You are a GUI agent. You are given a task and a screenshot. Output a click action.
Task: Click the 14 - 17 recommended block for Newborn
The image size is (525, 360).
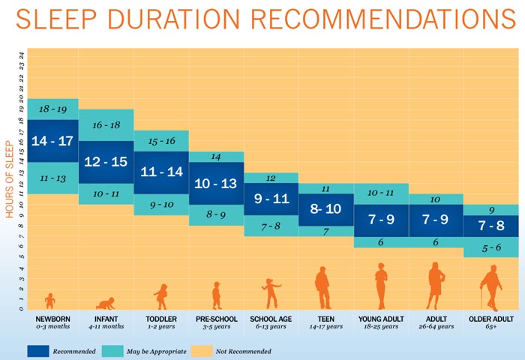[x=53, y=140]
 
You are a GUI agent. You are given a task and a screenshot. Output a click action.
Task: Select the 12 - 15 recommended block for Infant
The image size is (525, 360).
[x=106, y=161]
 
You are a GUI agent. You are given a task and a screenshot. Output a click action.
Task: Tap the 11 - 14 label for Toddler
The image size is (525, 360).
[x=160, y=172]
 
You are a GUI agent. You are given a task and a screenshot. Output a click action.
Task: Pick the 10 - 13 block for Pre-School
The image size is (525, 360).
[x=216, y=183]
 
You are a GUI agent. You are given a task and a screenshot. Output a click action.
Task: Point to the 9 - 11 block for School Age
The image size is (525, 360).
[x=271, y=199]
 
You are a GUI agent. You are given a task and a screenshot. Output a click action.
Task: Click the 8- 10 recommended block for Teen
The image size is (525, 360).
[x=326, y=209]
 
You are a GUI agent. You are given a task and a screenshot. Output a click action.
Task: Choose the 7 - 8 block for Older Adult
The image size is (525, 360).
[x=491, y=226]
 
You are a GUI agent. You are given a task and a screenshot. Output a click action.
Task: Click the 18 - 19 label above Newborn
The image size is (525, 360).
[x=53, y=109]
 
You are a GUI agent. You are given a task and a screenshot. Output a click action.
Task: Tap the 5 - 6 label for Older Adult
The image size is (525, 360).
[x=491, y=247]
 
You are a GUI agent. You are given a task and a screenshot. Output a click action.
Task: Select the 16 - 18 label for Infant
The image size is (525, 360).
[x=106, y=125]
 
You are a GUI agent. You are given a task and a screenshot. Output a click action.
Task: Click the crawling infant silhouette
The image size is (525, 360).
[x=106, y=303]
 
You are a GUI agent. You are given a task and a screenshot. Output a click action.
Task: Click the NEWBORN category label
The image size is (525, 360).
[x=53, y=319]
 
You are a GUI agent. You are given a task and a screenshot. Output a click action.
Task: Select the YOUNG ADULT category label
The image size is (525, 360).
[x=381, y=319]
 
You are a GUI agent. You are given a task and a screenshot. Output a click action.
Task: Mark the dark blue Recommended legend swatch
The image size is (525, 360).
[x=49, y=350]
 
